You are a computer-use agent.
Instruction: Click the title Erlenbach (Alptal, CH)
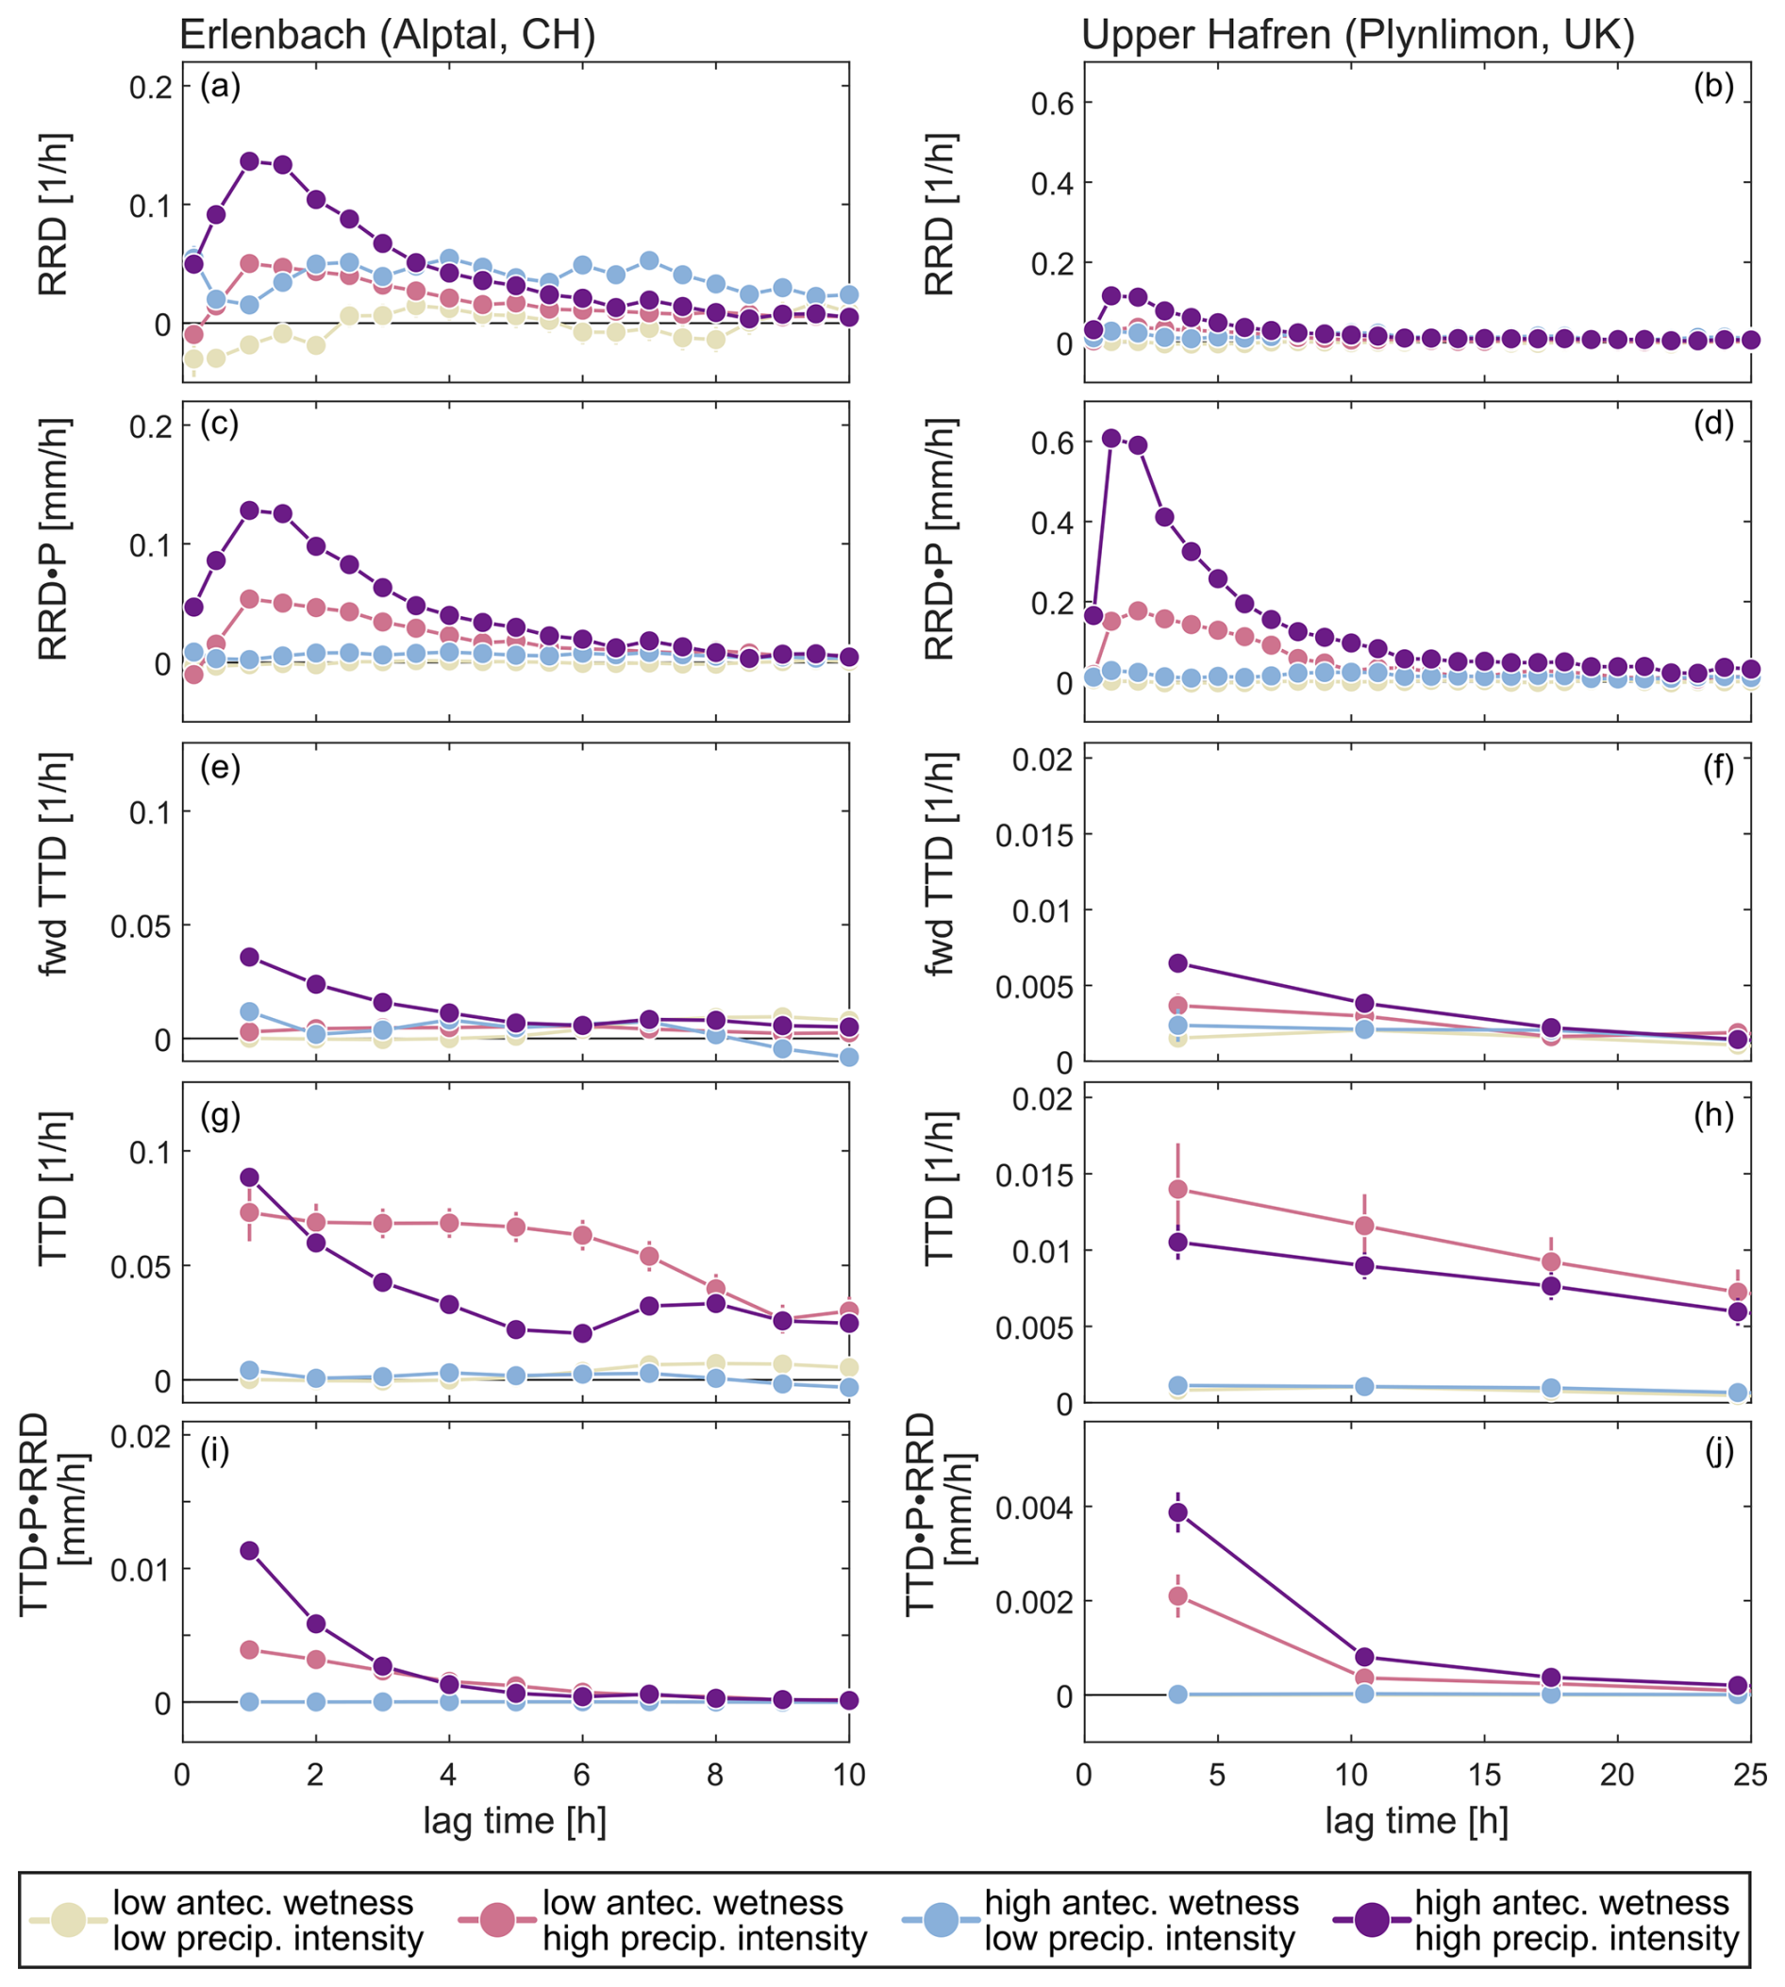click(388, 35)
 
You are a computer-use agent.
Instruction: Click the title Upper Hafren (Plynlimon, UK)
click(1358, 35)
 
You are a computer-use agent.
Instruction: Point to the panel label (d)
click(1713, 424)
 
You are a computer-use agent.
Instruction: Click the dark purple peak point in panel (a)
click(249, 160)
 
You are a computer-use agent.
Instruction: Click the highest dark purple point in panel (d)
click(1111, 439)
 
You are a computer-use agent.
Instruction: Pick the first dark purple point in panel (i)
click(249, 1550)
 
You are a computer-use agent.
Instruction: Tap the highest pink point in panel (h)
click(1178, 1190)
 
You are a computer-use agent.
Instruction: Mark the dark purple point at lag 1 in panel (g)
click(249, 1177)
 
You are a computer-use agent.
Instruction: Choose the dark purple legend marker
click(1371, 1918)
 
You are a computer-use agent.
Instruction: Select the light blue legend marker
click(942, 1918)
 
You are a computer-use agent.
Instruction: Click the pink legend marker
click(497, 1918)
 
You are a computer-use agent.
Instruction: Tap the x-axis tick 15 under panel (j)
click(1484, 1774)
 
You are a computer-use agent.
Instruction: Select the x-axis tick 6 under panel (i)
click(581, 1774)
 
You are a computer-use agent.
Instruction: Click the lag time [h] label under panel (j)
click(1416, 1821)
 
